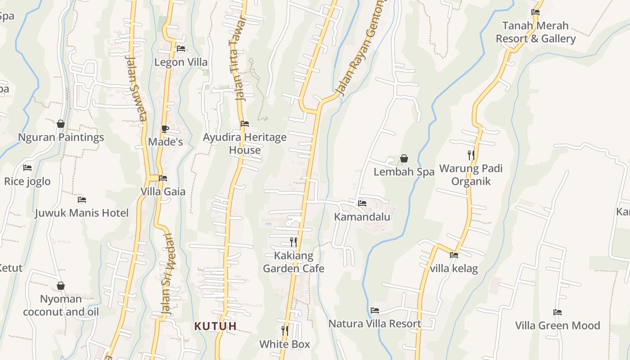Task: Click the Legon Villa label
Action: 181,62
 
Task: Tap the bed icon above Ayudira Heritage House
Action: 245,123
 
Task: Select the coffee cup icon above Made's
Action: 165,129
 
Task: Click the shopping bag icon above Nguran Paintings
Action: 61,124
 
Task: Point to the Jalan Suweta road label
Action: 137,88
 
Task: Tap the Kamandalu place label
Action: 362,217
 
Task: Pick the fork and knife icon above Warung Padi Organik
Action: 471,155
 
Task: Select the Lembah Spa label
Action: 404,172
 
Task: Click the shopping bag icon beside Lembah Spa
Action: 404,158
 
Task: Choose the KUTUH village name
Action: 216,326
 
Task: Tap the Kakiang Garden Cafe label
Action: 293,262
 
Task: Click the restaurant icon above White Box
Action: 284,331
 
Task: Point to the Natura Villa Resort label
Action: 375,324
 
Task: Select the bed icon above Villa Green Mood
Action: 558,312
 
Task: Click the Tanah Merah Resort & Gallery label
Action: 535,32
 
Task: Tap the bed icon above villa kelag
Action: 454,255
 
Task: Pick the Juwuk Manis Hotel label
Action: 82,213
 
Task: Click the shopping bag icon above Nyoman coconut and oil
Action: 61,286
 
